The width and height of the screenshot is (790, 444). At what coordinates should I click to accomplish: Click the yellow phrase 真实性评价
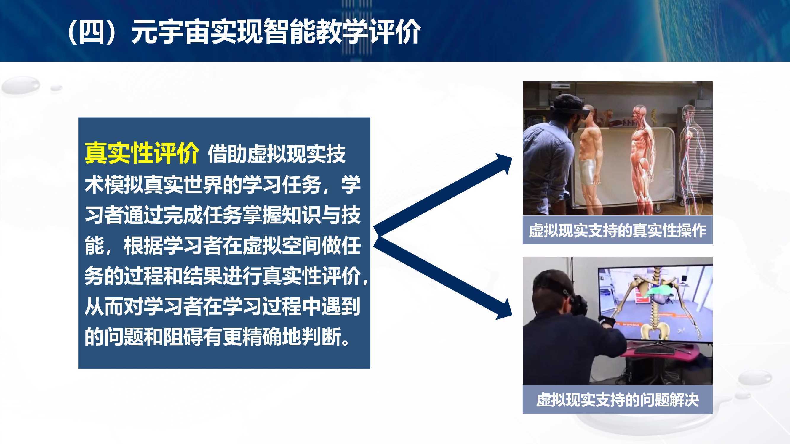tap(142, 153)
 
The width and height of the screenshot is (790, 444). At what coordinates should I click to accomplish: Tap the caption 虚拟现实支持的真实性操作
tap(617, 230)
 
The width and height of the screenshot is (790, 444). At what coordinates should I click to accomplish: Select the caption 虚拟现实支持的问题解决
tap(617, 400)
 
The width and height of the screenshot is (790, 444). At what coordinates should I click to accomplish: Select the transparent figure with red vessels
tap(692, 156)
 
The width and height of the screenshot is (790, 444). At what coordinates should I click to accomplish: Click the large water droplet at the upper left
tap(21, 85)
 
